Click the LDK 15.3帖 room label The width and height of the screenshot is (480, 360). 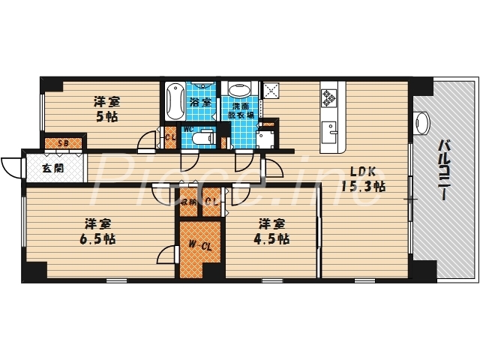(363, 178)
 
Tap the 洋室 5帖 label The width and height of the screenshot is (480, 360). (106, 109)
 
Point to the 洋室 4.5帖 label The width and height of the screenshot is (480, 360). (274, 231)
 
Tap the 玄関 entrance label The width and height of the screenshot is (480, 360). (52, 168)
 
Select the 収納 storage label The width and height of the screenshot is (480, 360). (187, 201)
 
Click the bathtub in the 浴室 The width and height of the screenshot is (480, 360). (173, 100)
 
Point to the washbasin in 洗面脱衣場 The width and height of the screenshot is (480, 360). (240, 91)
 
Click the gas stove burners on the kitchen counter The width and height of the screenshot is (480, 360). (329, 97)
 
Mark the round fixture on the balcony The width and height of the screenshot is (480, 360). (422, 121)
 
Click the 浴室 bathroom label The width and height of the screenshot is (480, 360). (200, 102)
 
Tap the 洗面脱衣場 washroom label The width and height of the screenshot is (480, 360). (241, 112)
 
